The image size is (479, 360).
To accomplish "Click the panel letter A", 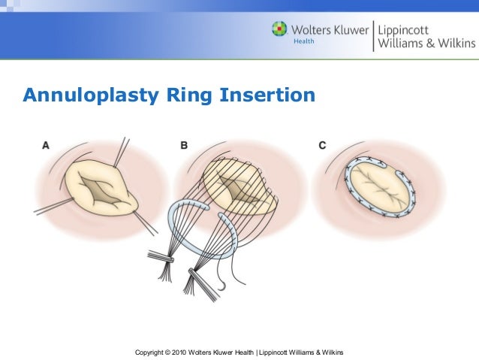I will tap(46, 145).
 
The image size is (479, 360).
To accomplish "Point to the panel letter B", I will tap(184, 145).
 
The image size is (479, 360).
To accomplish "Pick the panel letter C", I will tap(322, 145).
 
